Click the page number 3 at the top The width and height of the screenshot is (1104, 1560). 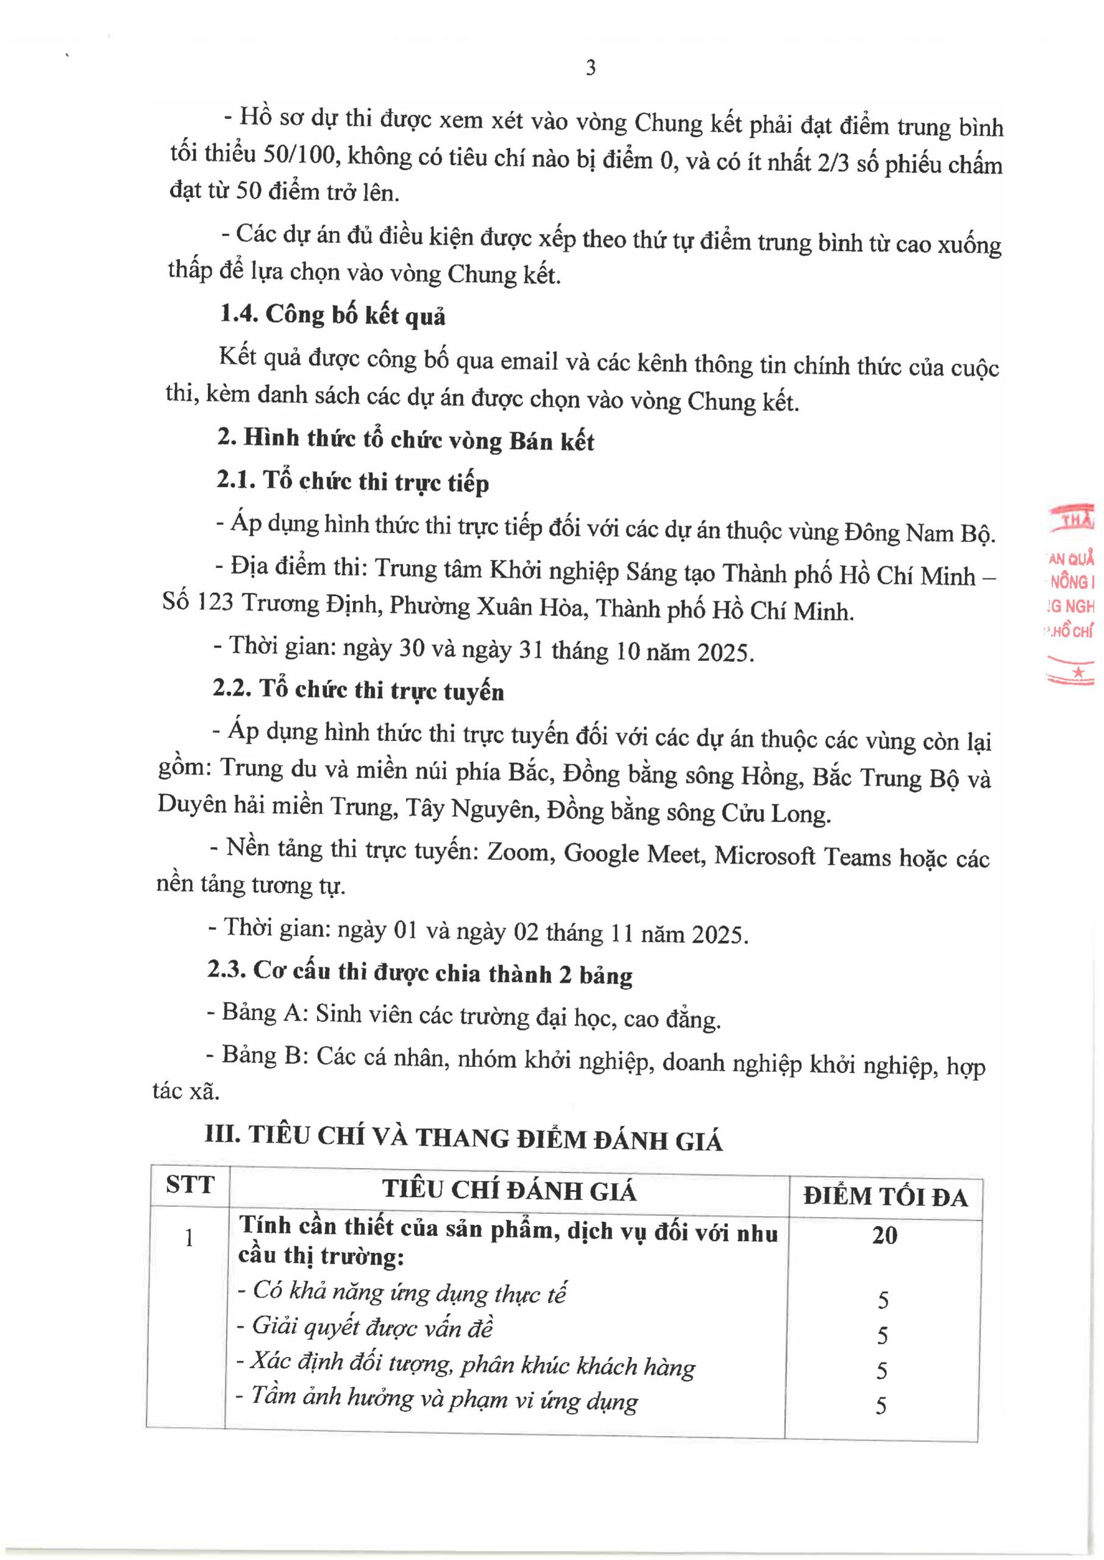[590, 68]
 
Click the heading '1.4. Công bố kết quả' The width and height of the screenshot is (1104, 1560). [332, 315]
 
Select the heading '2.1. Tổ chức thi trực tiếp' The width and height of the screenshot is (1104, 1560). [353, 482]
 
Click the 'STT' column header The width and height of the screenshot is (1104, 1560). [190, 1184]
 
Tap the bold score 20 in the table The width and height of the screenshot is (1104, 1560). [885, 1235]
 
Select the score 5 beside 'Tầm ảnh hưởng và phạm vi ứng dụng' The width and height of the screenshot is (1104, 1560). [881, 1406]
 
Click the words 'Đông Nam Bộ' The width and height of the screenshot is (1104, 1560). [919, 533]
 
